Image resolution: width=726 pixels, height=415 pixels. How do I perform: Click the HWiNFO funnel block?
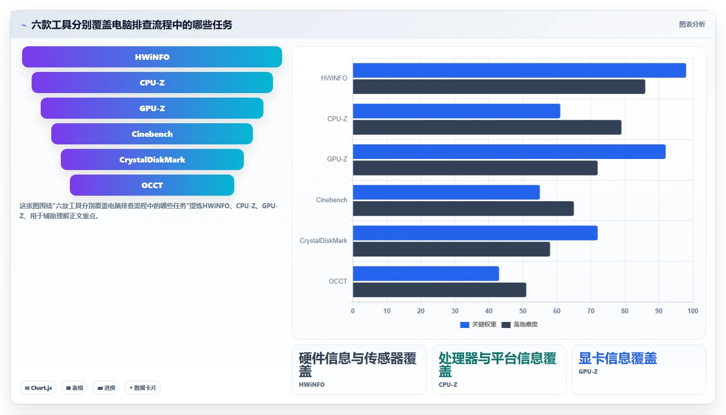[152, 57]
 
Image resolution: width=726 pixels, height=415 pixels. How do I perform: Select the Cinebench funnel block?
[152, 134]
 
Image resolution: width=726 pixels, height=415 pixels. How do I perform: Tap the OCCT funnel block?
[152, 185]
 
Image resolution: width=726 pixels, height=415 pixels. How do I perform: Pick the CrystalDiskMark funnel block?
[152, 159]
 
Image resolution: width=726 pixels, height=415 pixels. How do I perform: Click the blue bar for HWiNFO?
[519, 70]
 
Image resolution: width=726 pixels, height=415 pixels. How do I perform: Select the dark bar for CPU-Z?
[487, 127]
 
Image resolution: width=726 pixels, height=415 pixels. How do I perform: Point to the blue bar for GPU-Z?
[509, 152]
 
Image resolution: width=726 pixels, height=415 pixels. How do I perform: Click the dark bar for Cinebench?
[464, 208]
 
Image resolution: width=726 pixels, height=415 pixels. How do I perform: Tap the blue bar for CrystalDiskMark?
[475, 233]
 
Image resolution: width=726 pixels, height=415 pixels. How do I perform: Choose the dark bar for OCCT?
[439, 290]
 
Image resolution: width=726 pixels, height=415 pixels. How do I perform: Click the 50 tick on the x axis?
[523, 311]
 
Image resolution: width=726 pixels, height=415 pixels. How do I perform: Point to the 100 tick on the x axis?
[693, 311]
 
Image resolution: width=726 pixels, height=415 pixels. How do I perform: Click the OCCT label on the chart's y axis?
[338, 281]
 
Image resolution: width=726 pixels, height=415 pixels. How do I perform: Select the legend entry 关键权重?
[478, 324]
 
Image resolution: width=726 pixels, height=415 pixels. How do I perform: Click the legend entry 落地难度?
[519, 324]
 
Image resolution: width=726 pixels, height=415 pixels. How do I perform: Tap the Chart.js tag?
[38, 388]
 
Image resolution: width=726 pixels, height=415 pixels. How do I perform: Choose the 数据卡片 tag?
[143, 388]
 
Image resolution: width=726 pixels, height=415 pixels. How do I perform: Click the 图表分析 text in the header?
[692, 24]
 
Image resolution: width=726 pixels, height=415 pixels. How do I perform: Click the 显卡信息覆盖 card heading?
[618, 359]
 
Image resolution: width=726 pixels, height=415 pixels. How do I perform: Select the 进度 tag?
[106, 388]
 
